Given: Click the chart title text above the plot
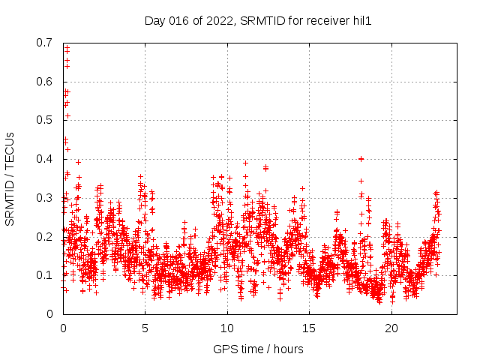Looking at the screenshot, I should pos(258,21).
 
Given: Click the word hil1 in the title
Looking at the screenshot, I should pos(361,21).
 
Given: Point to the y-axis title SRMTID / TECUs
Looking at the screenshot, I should pos(10,179).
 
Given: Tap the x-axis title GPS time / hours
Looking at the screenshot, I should pos(258,349).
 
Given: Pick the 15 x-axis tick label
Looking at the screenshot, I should pos(309,328).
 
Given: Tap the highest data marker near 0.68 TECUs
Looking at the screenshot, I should pos(67,49).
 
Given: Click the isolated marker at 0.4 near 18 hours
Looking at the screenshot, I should pos(361,159).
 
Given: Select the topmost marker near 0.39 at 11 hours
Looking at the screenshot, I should pos(244,163).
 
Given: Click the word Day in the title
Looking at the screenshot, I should pos(155,21).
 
